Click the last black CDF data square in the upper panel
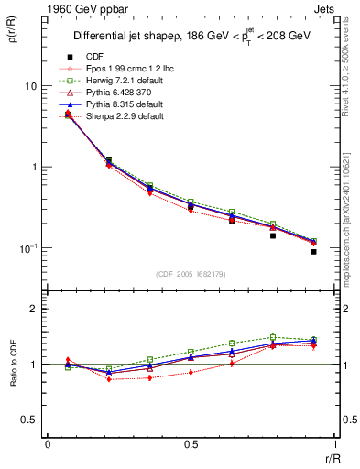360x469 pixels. pos(313,251)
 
